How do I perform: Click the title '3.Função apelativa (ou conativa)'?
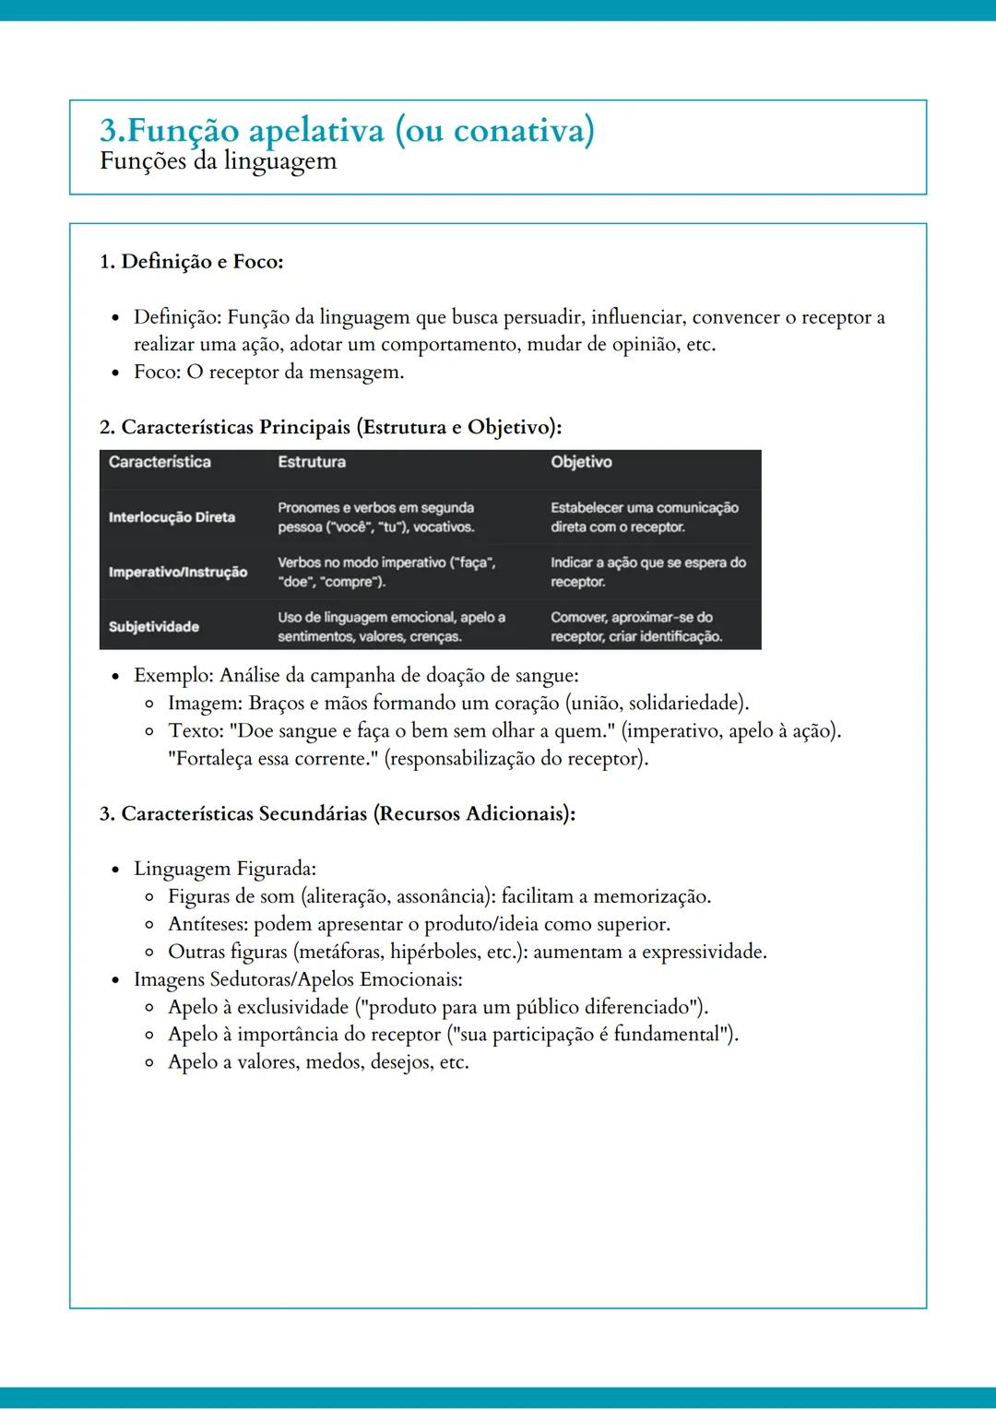pyautogui.click(x=347, y=130)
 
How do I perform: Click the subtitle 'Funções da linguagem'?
pyautogui.click(x=219, y=161)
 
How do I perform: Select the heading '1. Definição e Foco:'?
pyautogui.click(x=191, y=262)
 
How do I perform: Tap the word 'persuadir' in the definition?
pyautogui.click(x=543, y=317)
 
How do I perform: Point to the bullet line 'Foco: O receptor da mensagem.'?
pyautogui.click(x=268, y=373)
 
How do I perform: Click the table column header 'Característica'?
pyautogui.click(x=160, y=462)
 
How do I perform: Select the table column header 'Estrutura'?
pyautogui.click(x=312, y=462)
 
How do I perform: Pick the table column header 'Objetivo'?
pyautogui.click(x=581, y=462)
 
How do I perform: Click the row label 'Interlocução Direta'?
pyautogui.click(x=172, y=517)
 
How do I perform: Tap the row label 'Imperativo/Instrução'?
pyautogui.click(x=178, y=572)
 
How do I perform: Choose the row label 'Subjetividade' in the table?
pyautogui.click(x=154, y=627)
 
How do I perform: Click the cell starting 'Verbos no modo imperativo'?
pyautogui.click(x=386, y=572)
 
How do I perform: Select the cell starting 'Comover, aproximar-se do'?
pyautogui.click(x=635, y=627)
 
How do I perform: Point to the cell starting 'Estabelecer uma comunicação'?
pyautogui.click(x=644, y=517)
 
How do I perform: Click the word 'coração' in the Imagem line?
pyautogui.click(x=527, y=704)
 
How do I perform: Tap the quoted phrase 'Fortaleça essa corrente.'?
pyautogui.click(x=273, y=759)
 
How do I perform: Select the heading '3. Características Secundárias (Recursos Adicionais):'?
pyautogui.click(x=338, y=814)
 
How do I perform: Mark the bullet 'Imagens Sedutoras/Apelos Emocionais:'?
pyautogui.click(x=298, y=979)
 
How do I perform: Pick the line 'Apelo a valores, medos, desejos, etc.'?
pyautogui.click(x=318, y=1062)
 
